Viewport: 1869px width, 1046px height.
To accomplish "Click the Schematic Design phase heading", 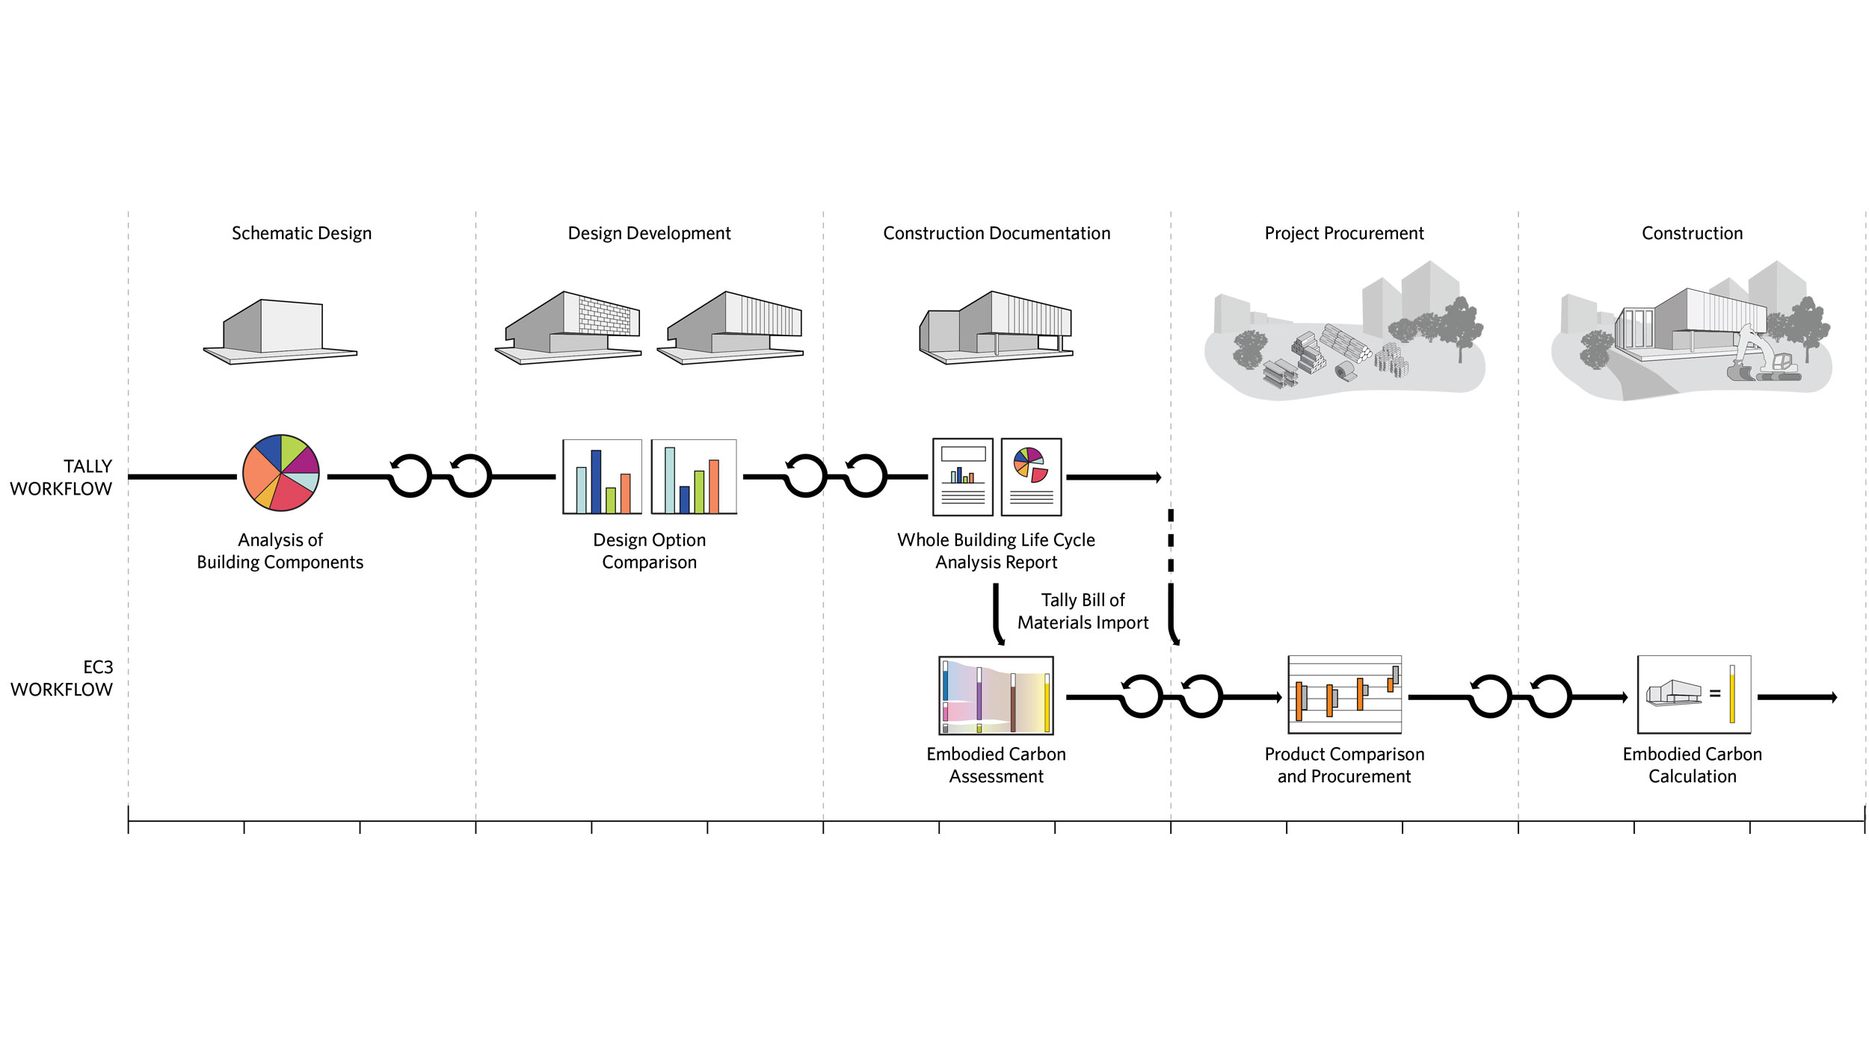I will click(x=301, y=233).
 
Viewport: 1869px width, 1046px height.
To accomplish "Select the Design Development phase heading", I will click(x=649, y=233).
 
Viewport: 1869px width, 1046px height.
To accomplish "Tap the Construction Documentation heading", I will click(x=997, y=233).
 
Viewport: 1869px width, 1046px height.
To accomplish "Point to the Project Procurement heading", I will click(x=1343, y=233).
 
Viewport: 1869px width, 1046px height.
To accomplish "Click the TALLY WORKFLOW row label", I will click(x=61, y=477).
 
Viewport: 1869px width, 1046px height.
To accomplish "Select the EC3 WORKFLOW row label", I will click(x=62, y=678).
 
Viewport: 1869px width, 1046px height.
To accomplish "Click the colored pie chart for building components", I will click(x=281, y=472).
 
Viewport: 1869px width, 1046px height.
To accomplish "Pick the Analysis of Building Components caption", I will click(x=280, y=551).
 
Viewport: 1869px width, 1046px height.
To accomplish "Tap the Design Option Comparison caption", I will click(x=649, y=551).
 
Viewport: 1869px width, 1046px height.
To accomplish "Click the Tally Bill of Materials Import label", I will click(x=1083, y=611).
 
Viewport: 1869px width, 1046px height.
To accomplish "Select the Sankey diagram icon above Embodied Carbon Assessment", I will click(x=996, y=696).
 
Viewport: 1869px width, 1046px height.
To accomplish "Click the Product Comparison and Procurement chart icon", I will click(x=1344, y=695).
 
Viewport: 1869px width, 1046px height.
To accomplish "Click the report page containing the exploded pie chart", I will click(x=1031, y=477).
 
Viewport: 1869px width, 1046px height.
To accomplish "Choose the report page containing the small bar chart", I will click(x=963, y=477).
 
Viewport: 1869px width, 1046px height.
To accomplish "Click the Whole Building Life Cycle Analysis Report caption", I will click(x=996, y=551).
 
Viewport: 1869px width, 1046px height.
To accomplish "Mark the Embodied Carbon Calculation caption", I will click(x=1692, y=765).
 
